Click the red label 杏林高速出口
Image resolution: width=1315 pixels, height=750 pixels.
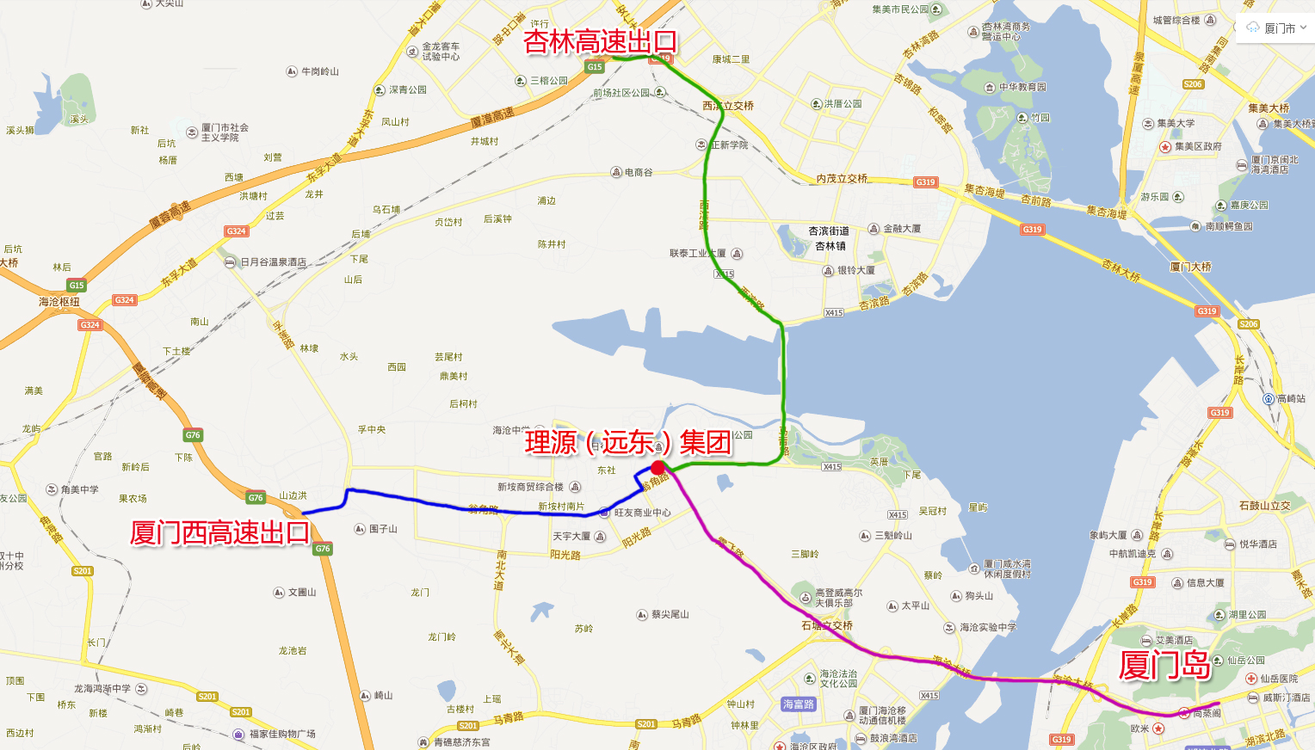pos(600,41)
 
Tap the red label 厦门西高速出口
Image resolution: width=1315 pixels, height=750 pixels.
pos(219,533)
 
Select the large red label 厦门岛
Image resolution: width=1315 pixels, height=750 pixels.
pos(1164,665)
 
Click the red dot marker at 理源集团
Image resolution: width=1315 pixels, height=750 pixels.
pos(658,468)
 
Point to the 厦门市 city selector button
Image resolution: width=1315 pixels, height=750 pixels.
pos(1276,28)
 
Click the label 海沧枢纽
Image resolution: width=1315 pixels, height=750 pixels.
pos(59,302)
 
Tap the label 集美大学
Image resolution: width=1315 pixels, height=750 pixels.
pos(1175,124)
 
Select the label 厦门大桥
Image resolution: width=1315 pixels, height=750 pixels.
pos(1190,267)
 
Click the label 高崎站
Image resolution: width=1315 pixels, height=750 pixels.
pos(1290,399)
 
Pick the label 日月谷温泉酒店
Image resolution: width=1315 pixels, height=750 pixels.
pos(273,262)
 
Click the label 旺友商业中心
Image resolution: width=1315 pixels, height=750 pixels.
pos(641,513)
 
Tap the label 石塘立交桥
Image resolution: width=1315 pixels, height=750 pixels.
pos(827,625)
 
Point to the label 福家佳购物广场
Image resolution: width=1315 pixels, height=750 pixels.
pos(281,734)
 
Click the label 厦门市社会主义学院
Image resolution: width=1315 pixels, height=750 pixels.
pos(225,132)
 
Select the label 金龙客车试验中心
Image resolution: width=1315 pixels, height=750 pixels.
pos(440,52)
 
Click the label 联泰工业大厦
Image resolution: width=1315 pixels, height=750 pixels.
pos(697,254)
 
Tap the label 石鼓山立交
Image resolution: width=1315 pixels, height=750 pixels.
pos(1264,506)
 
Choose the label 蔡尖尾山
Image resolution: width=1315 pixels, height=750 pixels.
pos(670,614)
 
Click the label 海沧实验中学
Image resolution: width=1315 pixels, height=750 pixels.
pos(987,628)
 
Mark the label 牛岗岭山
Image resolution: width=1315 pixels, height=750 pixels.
pos(319,71)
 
